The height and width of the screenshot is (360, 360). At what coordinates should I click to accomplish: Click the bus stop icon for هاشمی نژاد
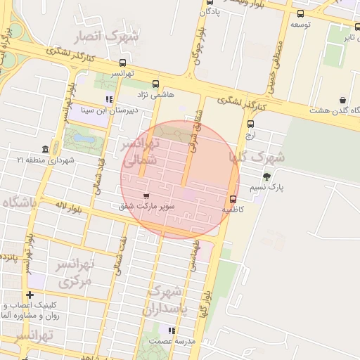point(155,84)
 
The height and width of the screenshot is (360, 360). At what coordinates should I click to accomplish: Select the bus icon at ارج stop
point(251,124)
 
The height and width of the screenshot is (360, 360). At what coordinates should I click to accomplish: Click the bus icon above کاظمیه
point(233,199)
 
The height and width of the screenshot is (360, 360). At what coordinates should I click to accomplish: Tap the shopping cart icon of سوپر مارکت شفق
point(146,195)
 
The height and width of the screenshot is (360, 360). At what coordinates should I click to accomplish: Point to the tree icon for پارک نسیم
point(266,176)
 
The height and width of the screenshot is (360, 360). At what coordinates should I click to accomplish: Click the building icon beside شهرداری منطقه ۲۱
point(46,150)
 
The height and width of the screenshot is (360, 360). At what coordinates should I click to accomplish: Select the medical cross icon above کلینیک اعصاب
point(30,295)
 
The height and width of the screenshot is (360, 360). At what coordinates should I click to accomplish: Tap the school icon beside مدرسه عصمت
point(170,330)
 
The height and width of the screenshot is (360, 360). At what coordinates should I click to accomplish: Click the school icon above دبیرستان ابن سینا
point(108,99)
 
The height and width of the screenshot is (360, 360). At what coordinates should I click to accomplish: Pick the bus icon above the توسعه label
point(301,14)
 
